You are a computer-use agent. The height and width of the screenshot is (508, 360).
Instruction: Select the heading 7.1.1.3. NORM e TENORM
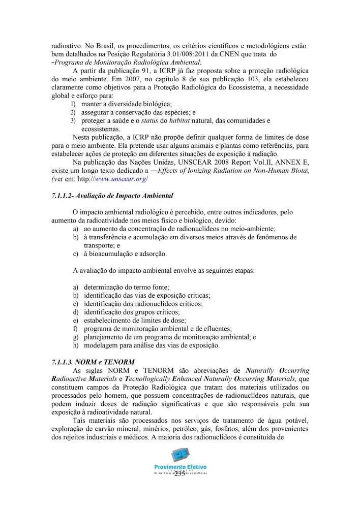click(x=93, y=362)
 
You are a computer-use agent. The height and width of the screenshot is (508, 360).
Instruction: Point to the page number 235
click(x=179, y=474)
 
